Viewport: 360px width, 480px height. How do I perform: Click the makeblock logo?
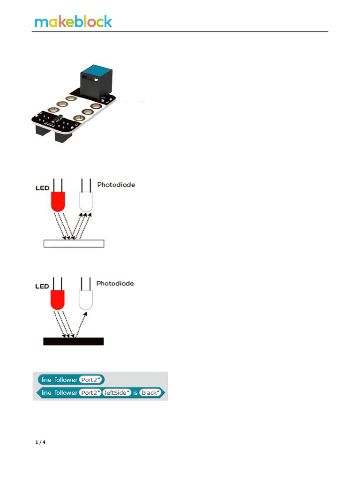(74, 21)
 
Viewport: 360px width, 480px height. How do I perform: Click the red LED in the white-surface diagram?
(57, 201)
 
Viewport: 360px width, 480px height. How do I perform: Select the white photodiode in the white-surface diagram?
(86, 201)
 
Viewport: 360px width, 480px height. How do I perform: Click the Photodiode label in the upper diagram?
(116, 185)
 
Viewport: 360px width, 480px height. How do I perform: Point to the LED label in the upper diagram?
(42, 188)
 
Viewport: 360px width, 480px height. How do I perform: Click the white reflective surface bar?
(74, 243)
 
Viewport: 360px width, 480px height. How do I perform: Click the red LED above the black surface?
(57, 299)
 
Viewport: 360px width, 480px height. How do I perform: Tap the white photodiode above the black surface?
(86, 299)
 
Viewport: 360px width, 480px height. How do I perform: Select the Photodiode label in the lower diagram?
(115, 284)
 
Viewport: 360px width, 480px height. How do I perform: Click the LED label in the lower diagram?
(42, 286)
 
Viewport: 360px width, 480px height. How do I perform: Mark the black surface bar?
(74, 341)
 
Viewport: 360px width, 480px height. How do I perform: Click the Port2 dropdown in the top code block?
(91, 380)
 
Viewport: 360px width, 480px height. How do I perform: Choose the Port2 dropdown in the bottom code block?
(91, 392)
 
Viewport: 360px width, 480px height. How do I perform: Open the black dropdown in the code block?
(150, 392)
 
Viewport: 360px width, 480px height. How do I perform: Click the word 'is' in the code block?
(135, 392)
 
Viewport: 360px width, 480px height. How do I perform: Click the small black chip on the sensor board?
(58, 119)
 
